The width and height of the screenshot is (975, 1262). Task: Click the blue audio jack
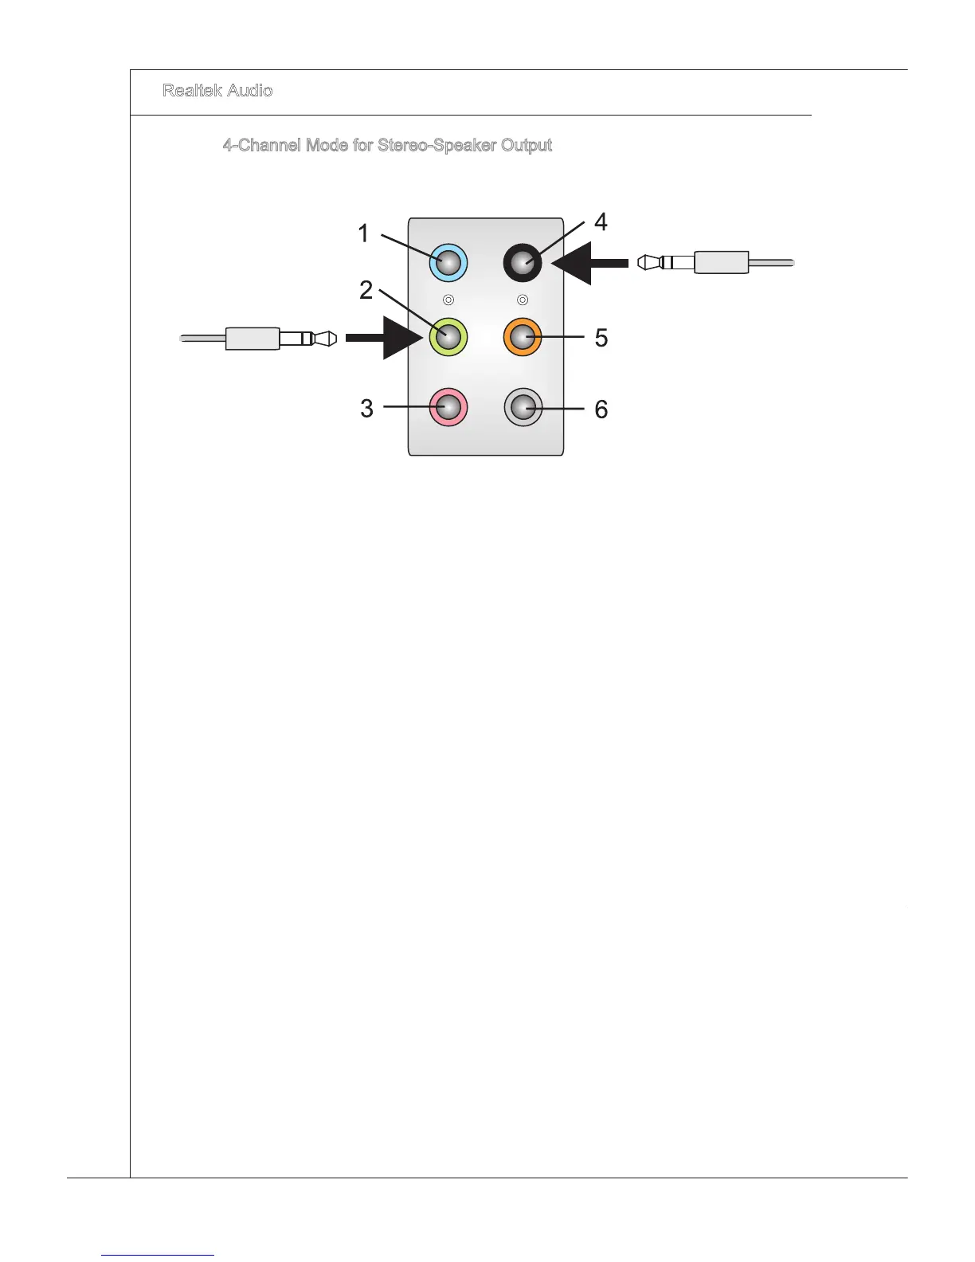pos(448,263)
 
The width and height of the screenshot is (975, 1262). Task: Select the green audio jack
pos(448,337)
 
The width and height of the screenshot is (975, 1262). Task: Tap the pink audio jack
pos(448,407)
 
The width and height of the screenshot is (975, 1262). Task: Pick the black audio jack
pos(523,263)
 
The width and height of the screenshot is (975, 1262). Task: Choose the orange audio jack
pos(523,337)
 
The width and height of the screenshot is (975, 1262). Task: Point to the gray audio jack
pos(523,408)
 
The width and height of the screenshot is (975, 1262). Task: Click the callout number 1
pos(363,234)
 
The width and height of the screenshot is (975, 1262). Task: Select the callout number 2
pos(366,290)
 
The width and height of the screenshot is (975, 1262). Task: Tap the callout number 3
pos(366,409)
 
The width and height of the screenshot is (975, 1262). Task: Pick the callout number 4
pos(601,222)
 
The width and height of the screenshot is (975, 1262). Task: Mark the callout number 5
pos(601,338)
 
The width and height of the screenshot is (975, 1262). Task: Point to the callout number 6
pos(601,410)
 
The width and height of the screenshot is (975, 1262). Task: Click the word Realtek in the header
pos(190,91)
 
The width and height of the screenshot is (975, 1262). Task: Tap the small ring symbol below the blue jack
pos(448,300)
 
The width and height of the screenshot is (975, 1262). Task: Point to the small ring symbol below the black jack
pos(523,300)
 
